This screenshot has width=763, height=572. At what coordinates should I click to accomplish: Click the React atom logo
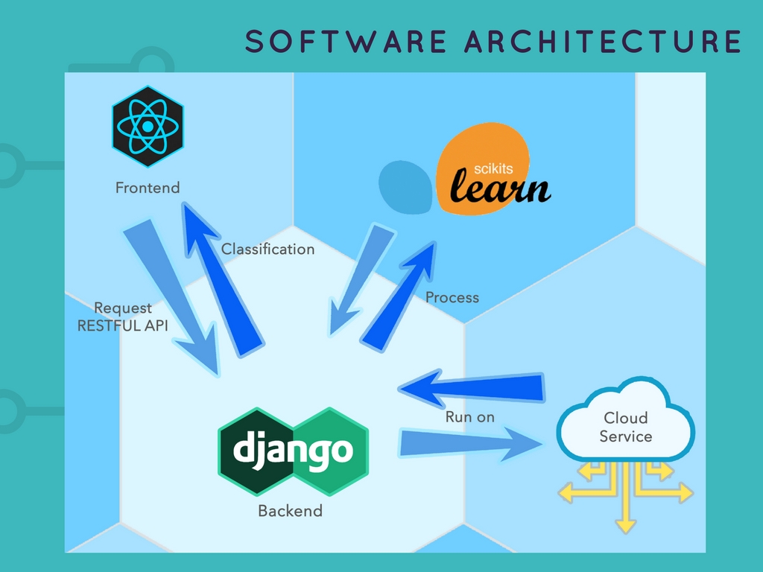[148, 126]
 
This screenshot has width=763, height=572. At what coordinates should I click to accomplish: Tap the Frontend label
[148, 188]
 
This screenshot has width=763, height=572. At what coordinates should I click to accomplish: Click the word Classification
[267, 249]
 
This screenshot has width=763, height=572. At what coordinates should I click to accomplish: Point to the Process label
[452, 298]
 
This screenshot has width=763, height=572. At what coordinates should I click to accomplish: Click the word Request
[123, 308]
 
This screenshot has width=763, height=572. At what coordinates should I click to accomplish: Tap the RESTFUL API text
[123, 325]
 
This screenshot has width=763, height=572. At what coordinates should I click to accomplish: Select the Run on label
[469, 417]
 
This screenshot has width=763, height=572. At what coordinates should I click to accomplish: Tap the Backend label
[290, 511]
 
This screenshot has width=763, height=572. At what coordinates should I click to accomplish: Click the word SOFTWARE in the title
[345, 42]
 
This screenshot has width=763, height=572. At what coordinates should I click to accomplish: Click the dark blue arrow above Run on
[477, 388]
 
